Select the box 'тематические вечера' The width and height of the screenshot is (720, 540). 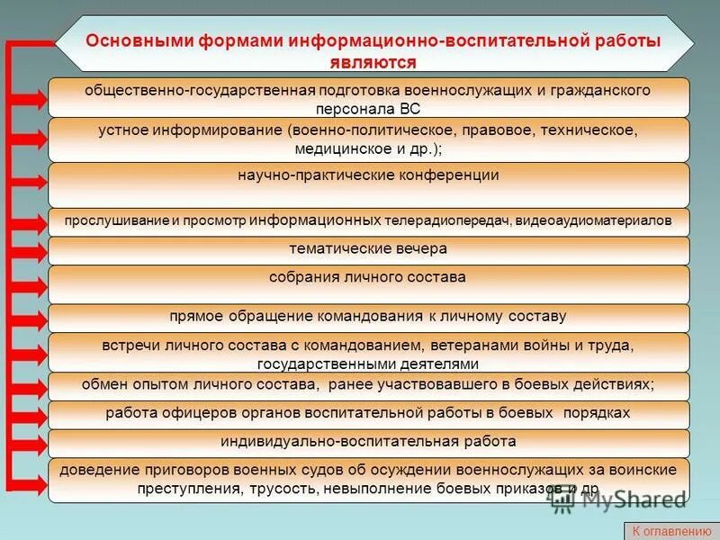[x=368, y=249]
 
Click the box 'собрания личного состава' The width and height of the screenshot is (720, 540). [x=368, y=283]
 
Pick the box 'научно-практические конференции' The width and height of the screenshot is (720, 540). [x=368, y=183]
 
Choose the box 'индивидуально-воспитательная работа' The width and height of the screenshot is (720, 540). [x=368, y=442]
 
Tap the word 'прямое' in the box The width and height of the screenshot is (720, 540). [x=195, y=317]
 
